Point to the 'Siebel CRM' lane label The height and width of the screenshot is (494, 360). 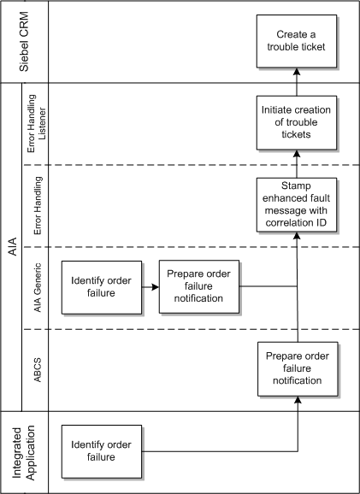[26, 42]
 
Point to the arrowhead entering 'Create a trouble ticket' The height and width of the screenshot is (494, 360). [297, 76]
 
